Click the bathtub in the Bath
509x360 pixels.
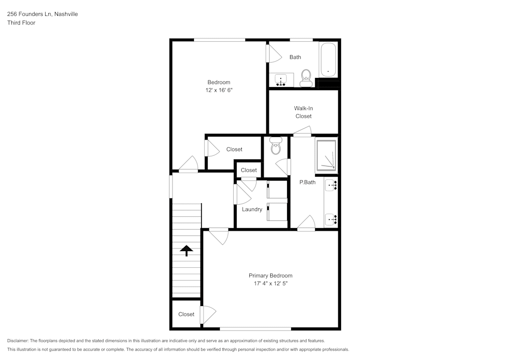pos(328,60)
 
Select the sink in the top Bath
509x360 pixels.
pos(281,80)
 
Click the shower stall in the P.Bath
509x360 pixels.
pos(326,155)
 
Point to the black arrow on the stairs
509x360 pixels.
pos(186,250)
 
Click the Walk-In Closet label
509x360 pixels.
pos(303,112)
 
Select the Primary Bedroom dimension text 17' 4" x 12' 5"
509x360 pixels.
pos(270,283)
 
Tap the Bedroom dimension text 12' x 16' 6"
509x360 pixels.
pos(218,90)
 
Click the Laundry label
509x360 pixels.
pos(252,209)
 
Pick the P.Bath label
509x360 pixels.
pos(307,182)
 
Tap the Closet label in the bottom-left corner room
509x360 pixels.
pos(186,314)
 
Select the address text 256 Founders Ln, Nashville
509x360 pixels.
pos(42,14)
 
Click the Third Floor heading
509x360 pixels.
pos(21,22)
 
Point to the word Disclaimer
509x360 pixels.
pos(18,341)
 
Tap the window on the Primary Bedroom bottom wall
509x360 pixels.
pos(255,328)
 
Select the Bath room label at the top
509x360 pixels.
pos(295,57)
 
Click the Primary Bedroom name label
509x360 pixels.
pos(270,275)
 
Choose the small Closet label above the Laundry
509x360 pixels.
pos(249,170)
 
